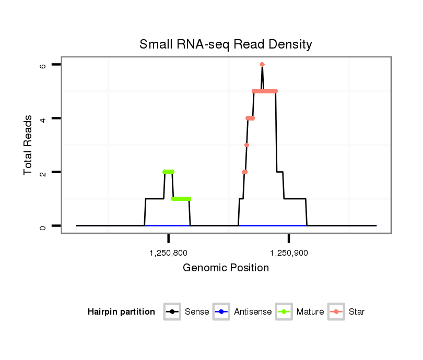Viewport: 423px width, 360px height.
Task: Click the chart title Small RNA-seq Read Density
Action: click(x=226, y=44)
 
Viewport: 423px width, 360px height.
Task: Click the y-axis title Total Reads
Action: click(x=29, y=145)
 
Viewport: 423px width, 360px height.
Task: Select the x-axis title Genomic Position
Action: click(x=226, y=268)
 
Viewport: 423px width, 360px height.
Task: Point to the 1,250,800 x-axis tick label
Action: click(x=168, y=254)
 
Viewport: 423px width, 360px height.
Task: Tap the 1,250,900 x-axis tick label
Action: click(x=289, y=254)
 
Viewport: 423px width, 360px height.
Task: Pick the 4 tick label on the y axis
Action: click(x=43, y=118)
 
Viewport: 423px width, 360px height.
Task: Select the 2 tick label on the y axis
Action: click(x=43, y=172)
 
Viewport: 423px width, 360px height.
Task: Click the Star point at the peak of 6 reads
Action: click(x=262, y=64)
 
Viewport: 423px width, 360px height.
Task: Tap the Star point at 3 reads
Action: click(x=246, y=145)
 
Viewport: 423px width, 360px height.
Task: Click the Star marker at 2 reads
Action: click(x=244, y=172)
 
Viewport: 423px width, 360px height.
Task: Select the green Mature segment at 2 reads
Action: click(x=168, y=172)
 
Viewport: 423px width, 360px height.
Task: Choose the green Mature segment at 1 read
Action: click(x=181, y=199)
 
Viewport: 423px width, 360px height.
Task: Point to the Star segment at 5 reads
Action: click(x=264, y=91)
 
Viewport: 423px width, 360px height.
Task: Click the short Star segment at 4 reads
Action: click(x=250, y=118)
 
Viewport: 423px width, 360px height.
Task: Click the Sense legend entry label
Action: click(x=197, y=312)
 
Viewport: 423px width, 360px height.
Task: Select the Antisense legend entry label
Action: click(x=253, y=312)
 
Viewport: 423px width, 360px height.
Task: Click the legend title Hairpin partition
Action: click(x=121, y=312)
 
